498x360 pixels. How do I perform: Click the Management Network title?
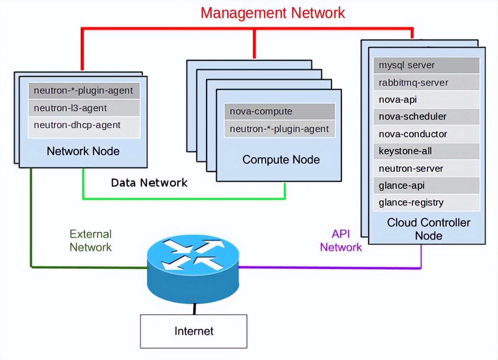[x=272, y=13]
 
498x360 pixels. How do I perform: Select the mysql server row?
[x=426, y=65]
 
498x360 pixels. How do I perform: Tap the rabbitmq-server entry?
[x=426, y=82]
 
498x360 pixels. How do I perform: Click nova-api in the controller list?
[x=426, y=100]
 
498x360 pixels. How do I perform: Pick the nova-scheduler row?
[x=426, y=117]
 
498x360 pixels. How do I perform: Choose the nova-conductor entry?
[x=426, y=134]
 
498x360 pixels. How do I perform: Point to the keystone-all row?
[x=426, y=151]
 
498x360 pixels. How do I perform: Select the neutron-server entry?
[x=426, y=169]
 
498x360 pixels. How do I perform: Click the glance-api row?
[x=426, y=185]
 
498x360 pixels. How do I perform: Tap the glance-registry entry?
[x=426, y=203]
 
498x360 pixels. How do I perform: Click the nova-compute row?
[x=279, y=112]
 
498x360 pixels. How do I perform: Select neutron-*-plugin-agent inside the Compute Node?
[x=279, y=129]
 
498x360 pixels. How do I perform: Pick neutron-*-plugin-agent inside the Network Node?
[x=84, y=91]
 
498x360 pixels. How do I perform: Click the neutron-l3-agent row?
[x=84, y=108]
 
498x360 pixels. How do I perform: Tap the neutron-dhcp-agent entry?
[x=84, y=125]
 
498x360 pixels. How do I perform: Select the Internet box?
[x=193, y=331]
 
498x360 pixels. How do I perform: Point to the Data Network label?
[x=149, y=183]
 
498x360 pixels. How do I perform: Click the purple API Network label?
[x=341, y=241]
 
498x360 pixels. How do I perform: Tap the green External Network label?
[x=91, y=241]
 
